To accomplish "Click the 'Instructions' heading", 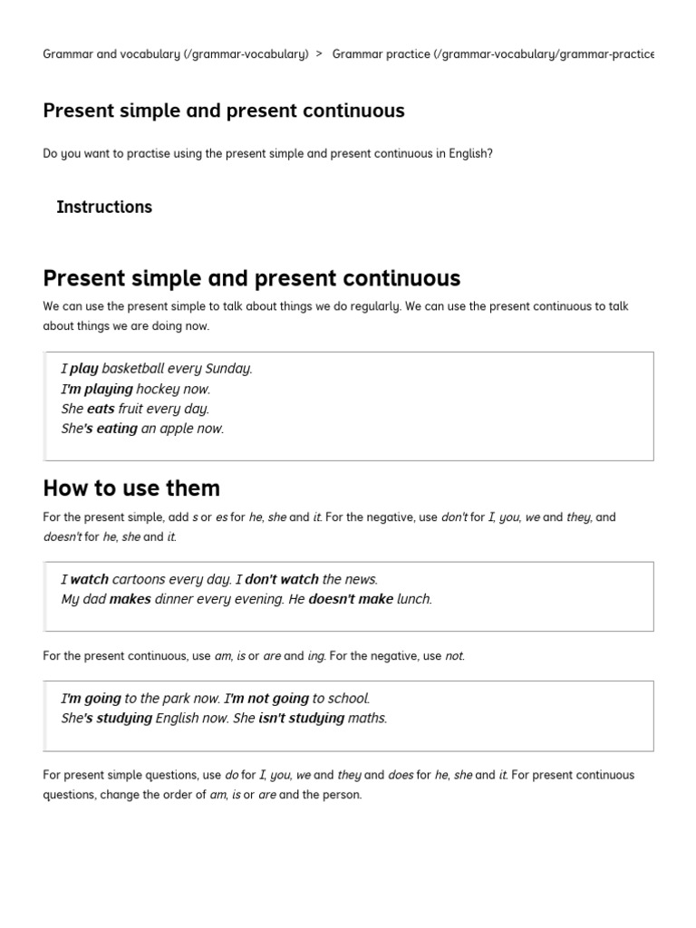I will pos(104,207).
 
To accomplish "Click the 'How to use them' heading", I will pos(131,488).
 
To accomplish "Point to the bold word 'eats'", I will pos(101,409).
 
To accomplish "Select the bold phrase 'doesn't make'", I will pos(351,599).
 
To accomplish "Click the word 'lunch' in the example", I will pos(414,599).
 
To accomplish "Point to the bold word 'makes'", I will pos(130,599).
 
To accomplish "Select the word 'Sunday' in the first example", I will pos(228,369).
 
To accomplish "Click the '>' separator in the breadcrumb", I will pos(320,54).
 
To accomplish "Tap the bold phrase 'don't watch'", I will pos(282,579).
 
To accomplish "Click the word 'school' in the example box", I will pos(350,699).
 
